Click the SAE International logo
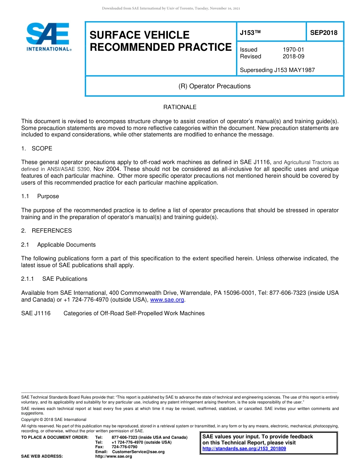tap(47, 37)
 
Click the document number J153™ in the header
tap(250, 33)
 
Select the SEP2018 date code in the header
tap(324, 33)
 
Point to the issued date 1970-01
tap(293, 50)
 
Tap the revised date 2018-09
tap(293, 56)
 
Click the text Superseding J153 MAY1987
tap(277, 70)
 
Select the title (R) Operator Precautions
tap(214, 86)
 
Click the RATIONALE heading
tap(180, 107)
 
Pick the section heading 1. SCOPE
tap(37, 149)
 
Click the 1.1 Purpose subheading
tap(40, 196)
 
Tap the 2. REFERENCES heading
tap(46, 231)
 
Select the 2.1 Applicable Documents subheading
tap(58, 245)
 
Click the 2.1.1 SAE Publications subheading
tap(54, 279)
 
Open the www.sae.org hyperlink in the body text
tap(167, 300)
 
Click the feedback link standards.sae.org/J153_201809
tap(244, 449)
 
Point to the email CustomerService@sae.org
tap(138, 452)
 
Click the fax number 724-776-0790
tap(124, 447)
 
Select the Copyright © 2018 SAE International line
tap(54, 420)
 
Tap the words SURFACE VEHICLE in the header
tap(139, 35)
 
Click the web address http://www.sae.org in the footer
tap(113, 457)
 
